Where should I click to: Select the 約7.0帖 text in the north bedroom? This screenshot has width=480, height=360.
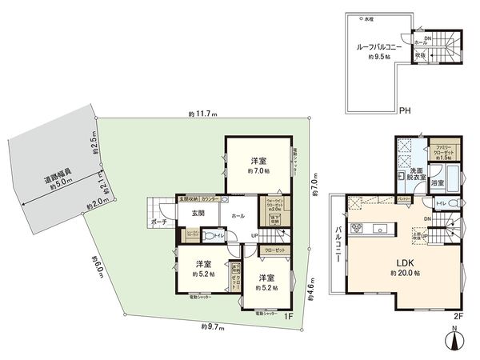click(x=258, y=171)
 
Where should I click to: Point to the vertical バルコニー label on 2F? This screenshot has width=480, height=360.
click(x=338, y=239)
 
